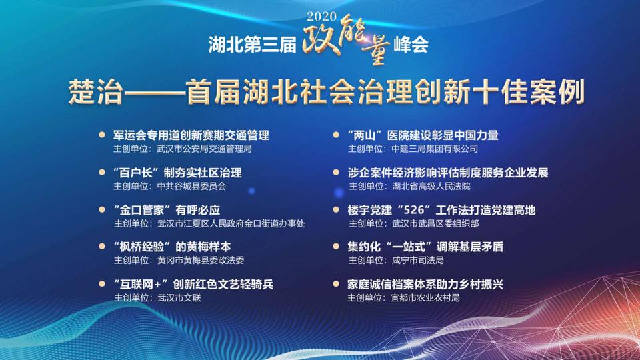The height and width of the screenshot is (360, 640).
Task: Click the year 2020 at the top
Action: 321,16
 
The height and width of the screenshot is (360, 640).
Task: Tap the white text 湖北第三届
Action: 252,45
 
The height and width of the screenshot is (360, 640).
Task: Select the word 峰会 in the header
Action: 411,45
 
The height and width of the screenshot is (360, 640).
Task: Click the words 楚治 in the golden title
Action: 95,91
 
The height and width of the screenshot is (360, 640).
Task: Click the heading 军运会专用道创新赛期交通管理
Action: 191,135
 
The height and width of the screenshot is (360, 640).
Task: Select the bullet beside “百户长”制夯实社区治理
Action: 102,172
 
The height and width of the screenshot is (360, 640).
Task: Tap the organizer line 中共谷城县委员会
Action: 191,186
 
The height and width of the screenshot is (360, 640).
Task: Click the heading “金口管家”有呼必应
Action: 167,210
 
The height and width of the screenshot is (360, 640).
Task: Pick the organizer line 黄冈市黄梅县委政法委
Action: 201,260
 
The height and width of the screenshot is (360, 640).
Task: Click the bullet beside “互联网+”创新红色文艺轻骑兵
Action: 102,283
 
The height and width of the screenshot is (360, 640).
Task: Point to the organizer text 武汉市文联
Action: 179,297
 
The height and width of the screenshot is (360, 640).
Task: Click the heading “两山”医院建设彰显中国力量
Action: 423,135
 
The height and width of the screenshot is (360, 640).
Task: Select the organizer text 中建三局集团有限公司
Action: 434,149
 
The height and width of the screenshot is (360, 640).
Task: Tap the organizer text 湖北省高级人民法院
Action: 431,186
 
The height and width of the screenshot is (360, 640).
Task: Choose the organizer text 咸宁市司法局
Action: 417,260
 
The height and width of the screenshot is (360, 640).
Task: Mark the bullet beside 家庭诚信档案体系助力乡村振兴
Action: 336,283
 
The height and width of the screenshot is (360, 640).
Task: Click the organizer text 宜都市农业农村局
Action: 425,297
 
